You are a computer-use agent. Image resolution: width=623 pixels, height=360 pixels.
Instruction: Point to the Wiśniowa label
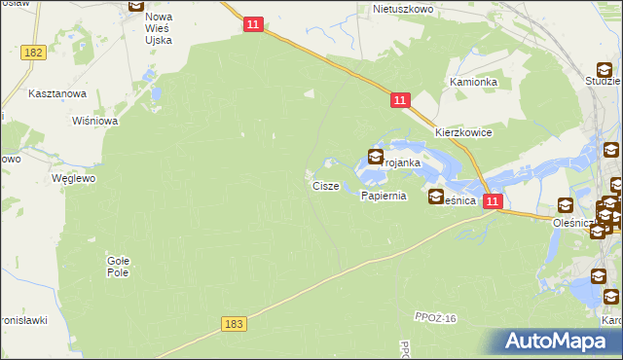(95, 121)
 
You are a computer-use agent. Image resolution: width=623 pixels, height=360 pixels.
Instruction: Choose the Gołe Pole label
(118, 266)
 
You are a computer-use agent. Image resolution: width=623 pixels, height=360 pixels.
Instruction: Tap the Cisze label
(325, 185)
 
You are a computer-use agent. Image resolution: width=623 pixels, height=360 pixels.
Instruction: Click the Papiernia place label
(383, 196)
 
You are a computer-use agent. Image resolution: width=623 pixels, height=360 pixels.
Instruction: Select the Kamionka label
(473, 82)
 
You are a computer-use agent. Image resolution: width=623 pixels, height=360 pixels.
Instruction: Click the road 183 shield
(232, 324)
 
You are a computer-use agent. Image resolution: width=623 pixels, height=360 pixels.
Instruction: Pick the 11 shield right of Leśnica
(493, 201)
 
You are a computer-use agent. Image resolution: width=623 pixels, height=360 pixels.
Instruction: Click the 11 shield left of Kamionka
(400, 100)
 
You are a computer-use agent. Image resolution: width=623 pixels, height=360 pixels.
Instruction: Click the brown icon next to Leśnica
(436, 198)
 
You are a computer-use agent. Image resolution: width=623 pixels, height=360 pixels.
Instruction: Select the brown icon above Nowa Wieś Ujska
(136, 4)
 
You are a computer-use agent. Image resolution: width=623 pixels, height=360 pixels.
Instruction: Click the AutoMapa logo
(558, 340)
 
